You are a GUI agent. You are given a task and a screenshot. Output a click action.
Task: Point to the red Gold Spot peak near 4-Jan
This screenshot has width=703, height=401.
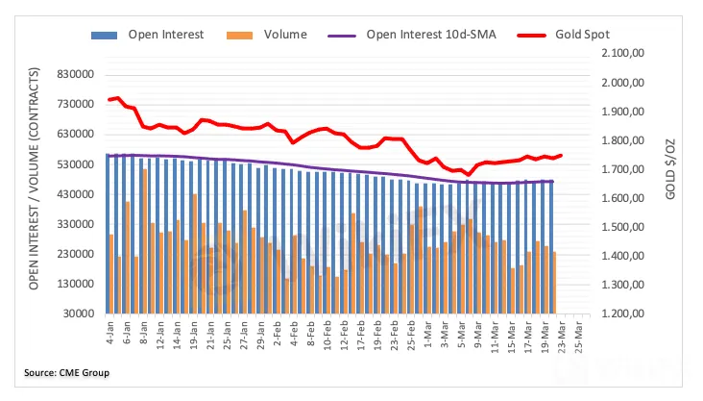pos(116,98)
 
